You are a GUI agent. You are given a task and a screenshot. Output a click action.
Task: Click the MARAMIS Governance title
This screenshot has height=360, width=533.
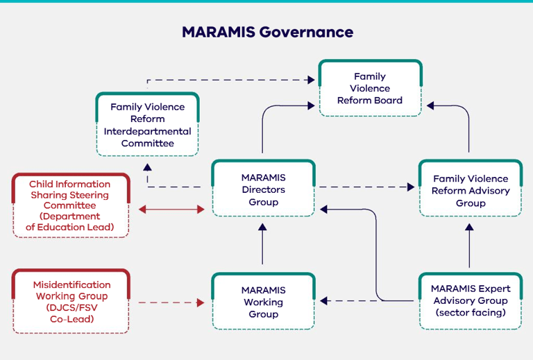[x=267, y=32]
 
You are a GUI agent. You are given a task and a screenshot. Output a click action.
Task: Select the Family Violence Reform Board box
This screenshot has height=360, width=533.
[x=370, y=88]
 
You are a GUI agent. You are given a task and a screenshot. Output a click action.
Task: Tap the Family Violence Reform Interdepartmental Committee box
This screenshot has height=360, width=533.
[x=147, y=125]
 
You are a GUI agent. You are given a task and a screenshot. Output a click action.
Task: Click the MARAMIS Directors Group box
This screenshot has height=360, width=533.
[x=263, y=189]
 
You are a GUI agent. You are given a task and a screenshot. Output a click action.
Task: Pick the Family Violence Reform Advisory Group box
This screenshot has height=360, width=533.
[x=470, y=191]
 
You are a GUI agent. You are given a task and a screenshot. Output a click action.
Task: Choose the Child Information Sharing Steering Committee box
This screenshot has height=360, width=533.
[x=69, y=205]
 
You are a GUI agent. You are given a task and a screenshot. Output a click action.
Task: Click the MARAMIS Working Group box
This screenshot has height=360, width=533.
[x=263, y=302]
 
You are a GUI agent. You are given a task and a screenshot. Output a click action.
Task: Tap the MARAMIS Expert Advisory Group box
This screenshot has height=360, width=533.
[x=470, y=300]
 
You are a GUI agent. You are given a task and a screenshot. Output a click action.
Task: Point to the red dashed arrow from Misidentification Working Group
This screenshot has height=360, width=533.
[x=171, y=303]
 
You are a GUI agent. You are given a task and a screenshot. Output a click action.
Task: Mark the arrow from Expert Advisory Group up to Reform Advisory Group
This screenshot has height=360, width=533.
[x=470, y=244]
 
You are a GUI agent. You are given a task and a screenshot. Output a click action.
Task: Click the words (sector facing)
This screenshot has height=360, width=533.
[x=470, y=313]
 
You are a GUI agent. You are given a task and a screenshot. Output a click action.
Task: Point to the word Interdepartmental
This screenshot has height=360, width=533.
[x=147, y=132]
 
